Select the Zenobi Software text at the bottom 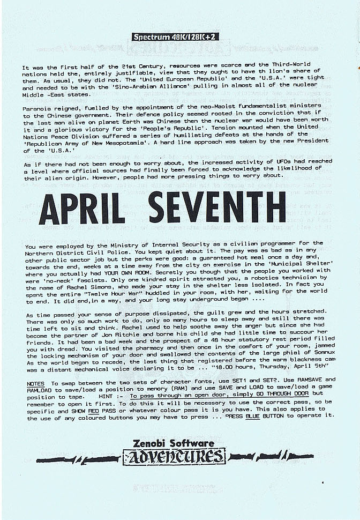point(174,443)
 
